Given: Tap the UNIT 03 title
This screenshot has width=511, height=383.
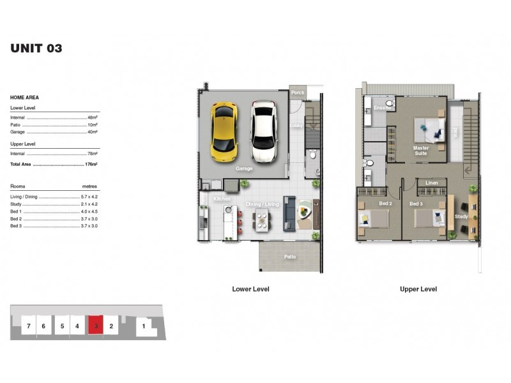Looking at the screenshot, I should click(36, 48).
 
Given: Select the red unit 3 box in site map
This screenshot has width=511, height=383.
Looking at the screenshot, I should click(96, 326).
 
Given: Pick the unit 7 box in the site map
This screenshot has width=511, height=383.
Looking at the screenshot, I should click(28, 326).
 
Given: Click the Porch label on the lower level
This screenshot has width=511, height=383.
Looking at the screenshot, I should click(298, 93).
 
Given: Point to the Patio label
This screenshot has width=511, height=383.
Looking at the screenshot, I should click(290, 257).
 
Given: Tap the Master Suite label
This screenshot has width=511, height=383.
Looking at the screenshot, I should click(421, 151).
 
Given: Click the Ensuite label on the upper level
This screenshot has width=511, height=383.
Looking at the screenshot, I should click(382, 108).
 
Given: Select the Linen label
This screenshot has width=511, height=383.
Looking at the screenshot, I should click(432, 184).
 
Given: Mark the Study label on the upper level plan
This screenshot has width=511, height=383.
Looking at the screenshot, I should click(461, 216).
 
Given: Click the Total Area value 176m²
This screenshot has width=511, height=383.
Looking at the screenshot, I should click(91, 164).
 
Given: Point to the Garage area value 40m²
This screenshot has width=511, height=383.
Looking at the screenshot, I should click(93, 132).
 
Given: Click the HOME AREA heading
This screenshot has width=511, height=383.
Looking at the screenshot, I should click(24, 98).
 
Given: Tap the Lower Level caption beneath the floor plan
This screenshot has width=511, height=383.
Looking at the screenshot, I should click(250, 289).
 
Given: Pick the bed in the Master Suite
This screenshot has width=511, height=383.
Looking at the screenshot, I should click(429, 131).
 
